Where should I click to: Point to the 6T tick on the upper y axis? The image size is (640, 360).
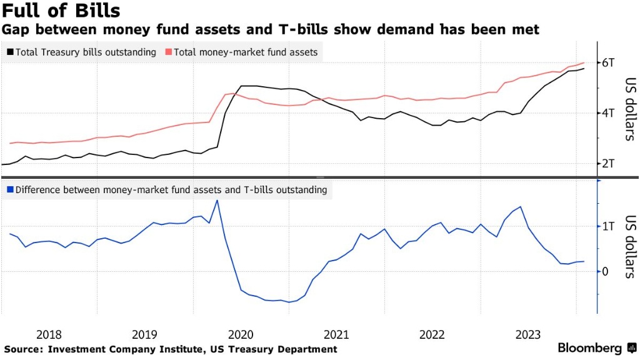point(609,62)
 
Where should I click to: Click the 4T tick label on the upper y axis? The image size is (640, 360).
point(609,113)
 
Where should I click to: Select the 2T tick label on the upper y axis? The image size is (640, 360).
point(609,164)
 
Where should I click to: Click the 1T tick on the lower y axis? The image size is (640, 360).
point(609,226)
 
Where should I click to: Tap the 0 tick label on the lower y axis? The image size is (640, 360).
point(606,271)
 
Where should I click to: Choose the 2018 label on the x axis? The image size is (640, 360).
point(49,334)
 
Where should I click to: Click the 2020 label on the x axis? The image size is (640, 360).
point(241,334)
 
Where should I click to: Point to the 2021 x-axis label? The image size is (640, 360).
point(337,334)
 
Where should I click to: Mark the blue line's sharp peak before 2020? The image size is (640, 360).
point(217,200)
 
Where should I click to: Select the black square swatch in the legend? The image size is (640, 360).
point(9,52)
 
